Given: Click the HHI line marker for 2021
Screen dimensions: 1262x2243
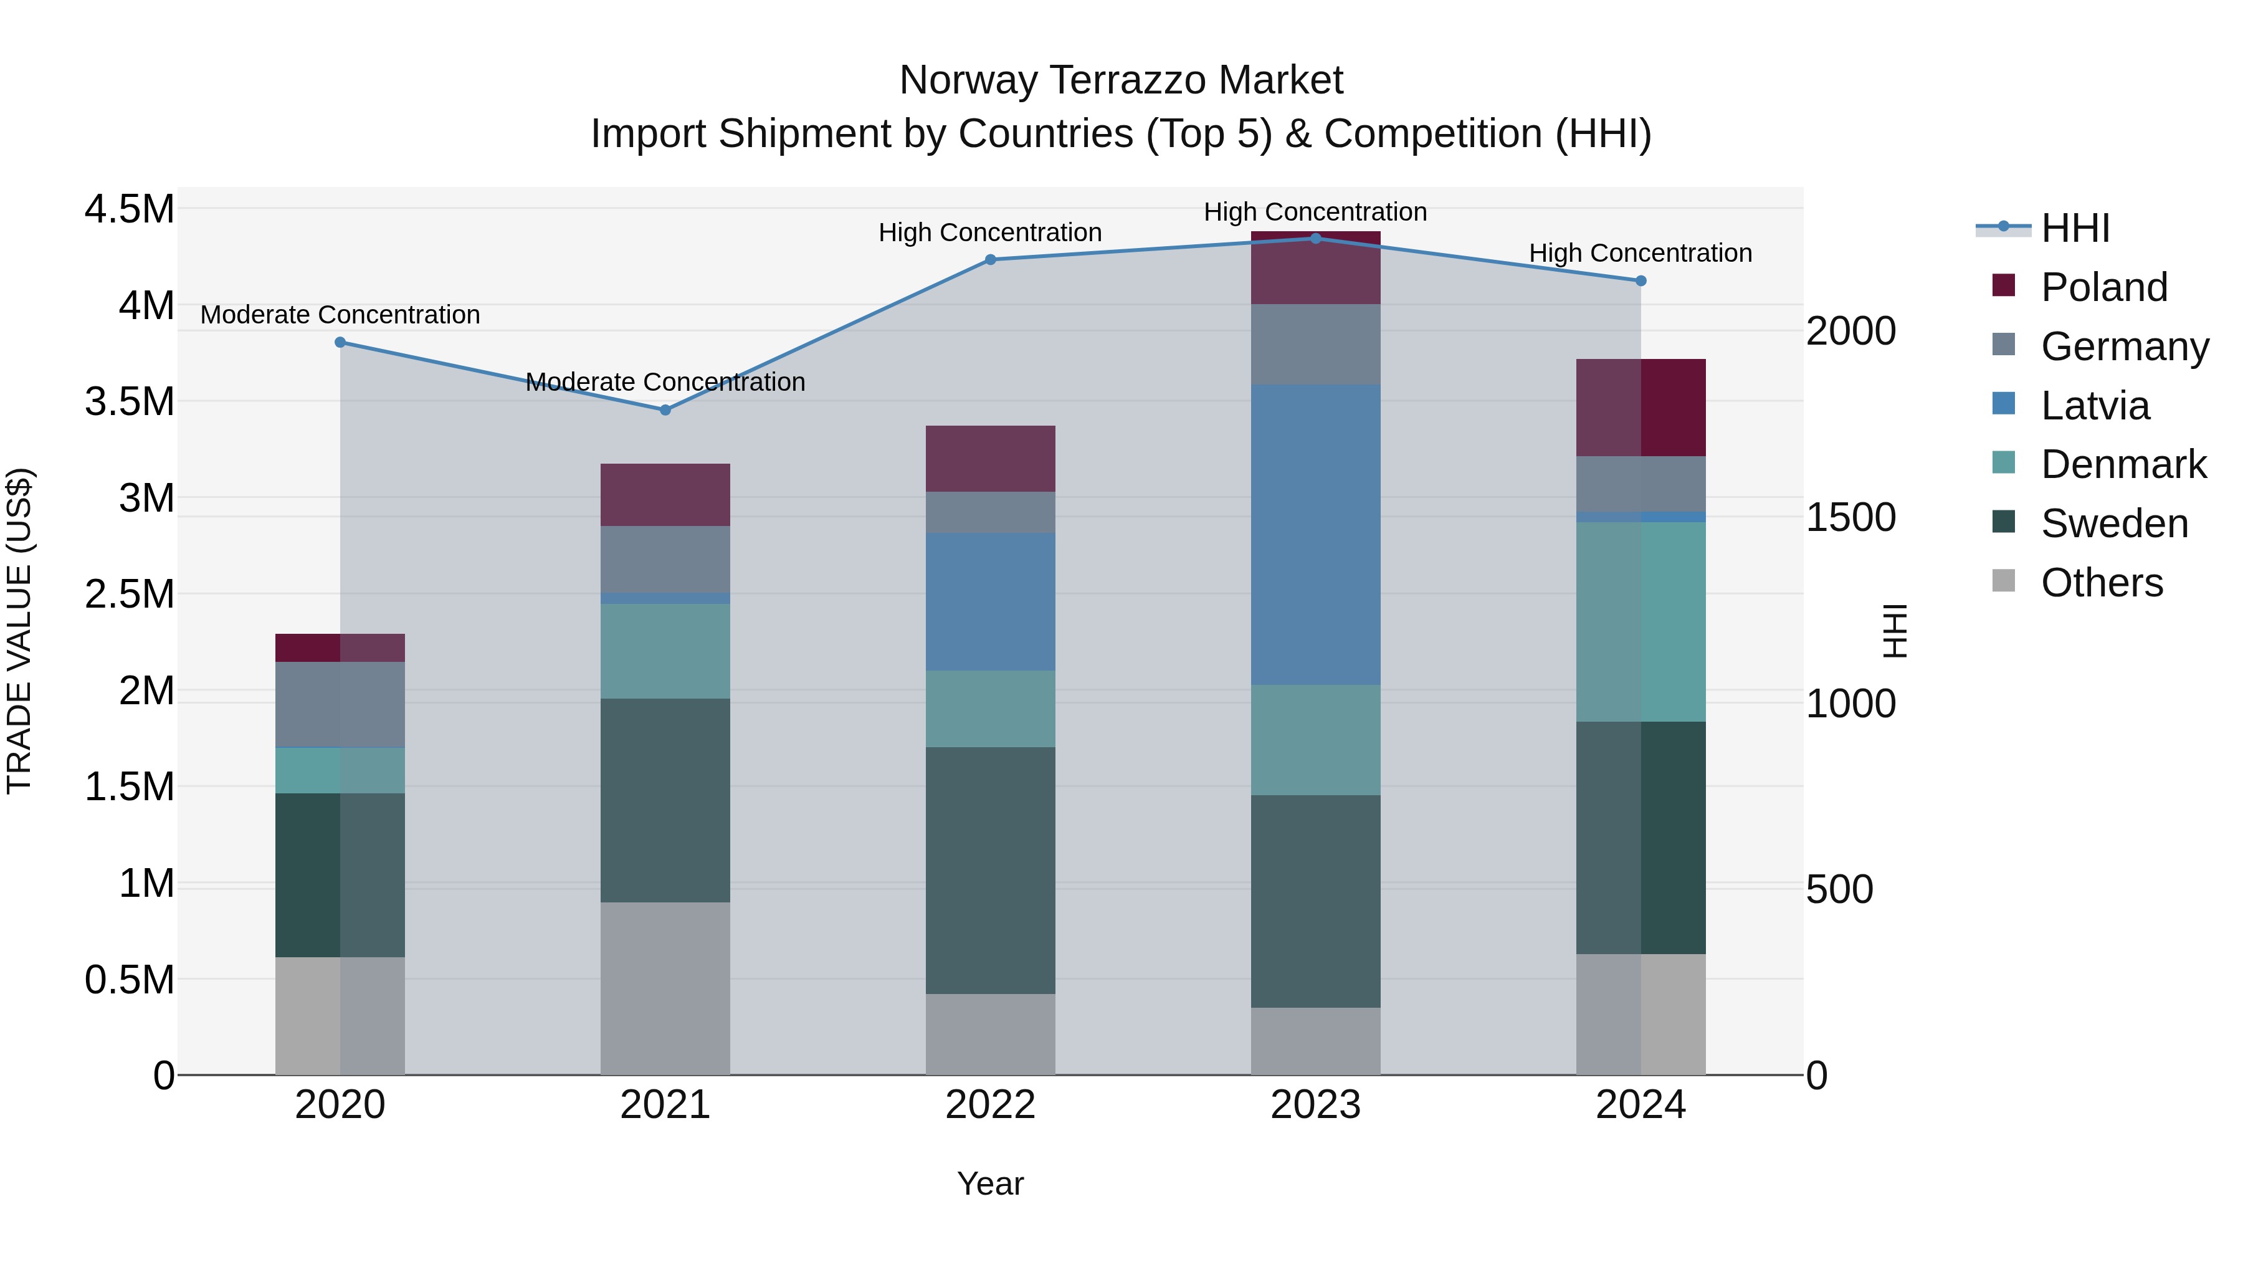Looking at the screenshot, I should coord(665,409).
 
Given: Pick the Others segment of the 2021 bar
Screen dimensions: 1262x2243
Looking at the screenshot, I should coord(665,988).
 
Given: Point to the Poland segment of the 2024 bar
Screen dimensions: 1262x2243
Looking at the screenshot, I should coord(1641,407).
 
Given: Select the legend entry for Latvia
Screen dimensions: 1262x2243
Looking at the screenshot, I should coord(2095,405).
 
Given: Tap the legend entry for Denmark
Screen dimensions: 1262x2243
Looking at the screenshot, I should coord(2123,464).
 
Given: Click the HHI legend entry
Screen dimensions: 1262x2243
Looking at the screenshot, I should coord(2074,228).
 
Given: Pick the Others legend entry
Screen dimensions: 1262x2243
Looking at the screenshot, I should coord(2101,583).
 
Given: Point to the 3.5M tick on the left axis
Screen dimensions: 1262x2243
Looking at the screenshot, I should coord(129,401).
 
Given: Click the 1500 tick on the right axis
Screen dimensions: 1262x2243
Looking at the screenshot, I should coord(1850,517).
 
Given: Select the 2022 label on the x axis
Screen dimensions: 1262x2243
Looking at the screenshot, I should coord(990,1104).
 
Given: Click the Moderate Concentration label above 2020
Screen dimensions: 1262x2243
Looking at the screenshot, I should coord(340,315).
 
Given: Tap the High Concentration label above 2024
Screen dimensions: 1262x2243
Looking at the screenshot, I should coord(1641,252).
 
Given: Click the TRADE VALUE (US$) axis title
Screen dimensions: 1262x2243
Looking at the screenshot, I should coord(19,631).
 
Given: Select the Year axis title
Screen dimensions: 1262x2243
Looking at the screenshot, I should coord(990,1183).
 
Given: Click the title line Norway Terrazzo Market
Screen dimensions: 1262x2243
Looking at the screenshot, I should coord(1121,80).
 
